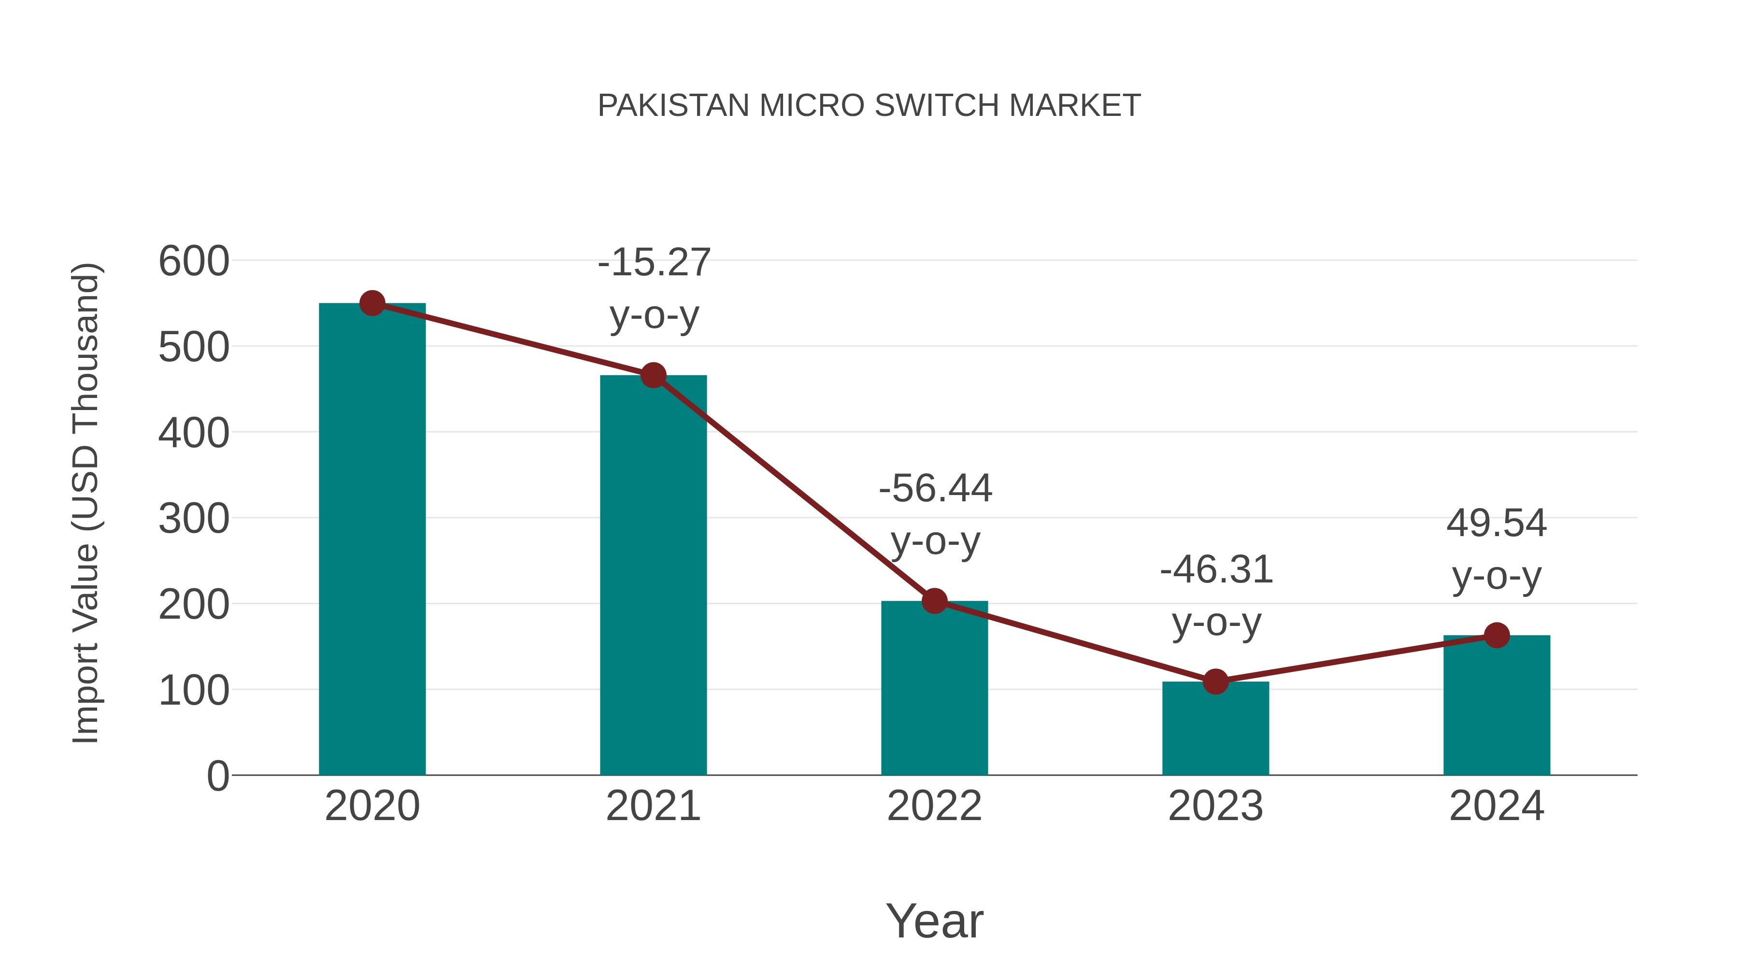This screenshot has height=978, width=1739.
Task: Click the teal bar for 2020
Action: click(x=372, y=540)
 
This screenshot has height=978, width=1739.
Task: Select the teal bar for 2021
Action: click(x=653, y=575)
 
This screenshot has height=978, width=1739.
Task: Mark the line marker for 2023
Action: click(x=1215, y=681)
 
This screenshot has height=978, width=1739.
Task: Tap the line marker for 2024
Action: click(x=1497, y=635)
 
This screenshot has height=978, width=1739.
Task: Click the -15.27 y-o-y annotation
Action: click(x=654, y=288)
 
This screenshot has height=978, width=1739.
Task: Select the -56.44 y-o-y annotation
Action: click(x=935, y=514)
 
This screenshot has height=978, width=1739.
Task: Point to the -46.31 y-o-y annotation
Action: click(x=1216, y=595)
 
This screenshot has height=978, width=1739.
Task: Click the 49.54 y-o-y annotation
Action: click(x=1497, y=550)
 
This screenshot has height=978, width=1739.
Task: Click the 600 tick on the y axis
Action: click(x=194, y=262)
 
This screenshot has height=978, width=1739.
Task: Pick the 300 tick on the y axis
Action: click(x=194, y=520)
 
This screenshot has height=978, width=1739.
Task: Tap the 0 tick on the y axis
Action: click(x=217, y=776)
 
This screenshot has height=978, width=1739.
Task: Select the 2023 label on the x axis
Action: click(x=1215, y=806)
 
